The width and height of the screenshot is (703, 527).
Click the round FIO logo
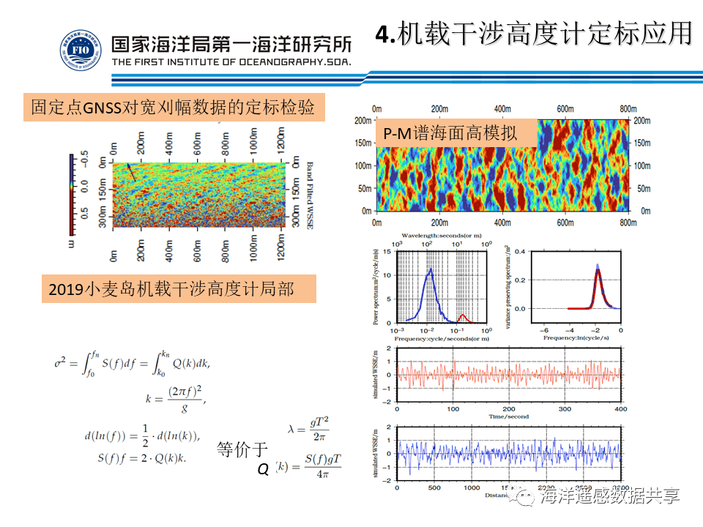point(81,51)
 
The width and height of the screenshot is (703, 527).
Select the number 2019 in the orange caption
point(67,289)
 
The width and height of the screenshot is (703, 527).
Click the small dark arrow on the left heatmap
point(132,172)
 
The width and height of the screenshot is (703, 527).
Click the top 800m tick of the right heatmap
point(627,108)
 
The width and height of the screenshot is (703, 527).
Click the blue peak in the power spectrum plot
point(431,269)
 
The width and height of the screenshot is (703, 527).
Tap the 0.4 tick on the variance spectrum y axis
point(518,252)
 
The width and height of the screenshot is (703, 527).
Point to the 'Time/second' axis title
point(508,417)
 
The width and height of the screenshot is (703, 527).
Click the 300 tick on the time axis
point(565,408)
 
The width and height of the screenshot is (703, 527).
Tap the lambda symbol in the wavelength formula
point(291,430)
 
